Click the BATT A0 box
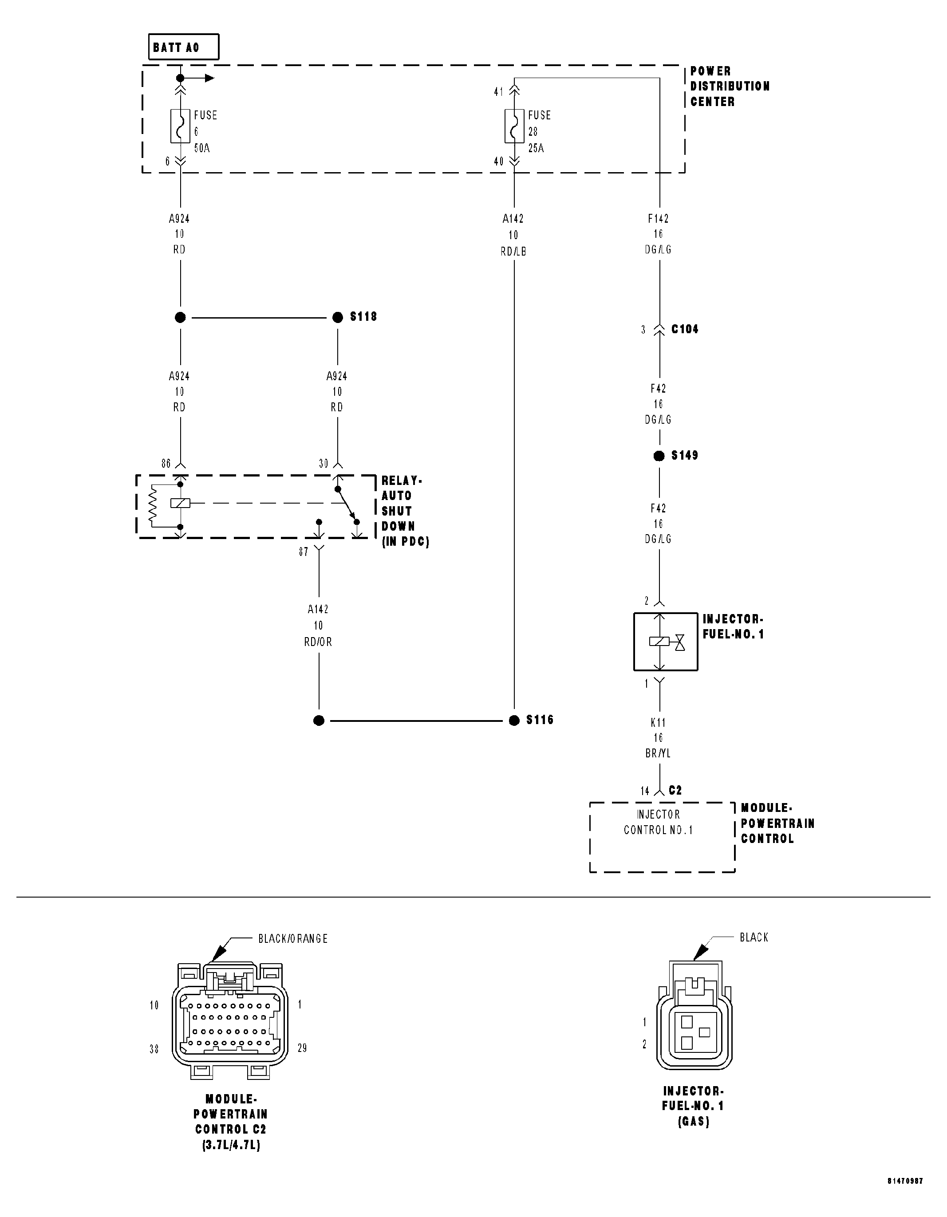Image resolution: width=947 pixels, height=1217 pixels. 183,47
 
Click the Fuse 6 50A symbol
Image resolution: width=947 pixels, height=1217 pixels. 180,126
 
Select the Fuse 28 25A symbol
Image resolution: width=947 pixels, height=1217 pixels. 514,126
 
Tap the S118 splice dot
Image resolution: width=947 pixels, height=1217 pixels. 337,318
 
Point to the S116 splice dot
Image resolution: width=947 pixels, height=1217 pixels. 514,721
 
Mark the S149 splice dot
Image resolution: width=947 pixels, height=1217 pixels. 659,456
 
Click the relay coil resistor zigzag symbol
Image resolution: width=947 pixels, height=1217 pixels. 152,505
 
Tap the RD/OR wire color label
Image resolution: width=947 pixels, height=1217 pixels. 318,642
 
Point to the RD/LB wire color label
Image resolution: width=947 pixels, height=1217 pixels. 513,251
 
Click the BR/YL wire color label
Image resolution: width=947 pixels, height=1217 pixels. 658,753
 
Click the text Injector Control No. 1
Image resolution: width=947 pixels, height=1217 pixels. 658,822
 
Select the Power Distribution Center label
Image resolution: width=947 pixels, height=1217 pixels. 729,87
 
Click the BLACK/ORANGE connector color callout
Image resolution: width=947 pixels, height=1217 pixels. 292,939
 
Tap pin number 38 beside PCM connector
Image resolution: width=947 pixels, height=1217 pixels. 154,1049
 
